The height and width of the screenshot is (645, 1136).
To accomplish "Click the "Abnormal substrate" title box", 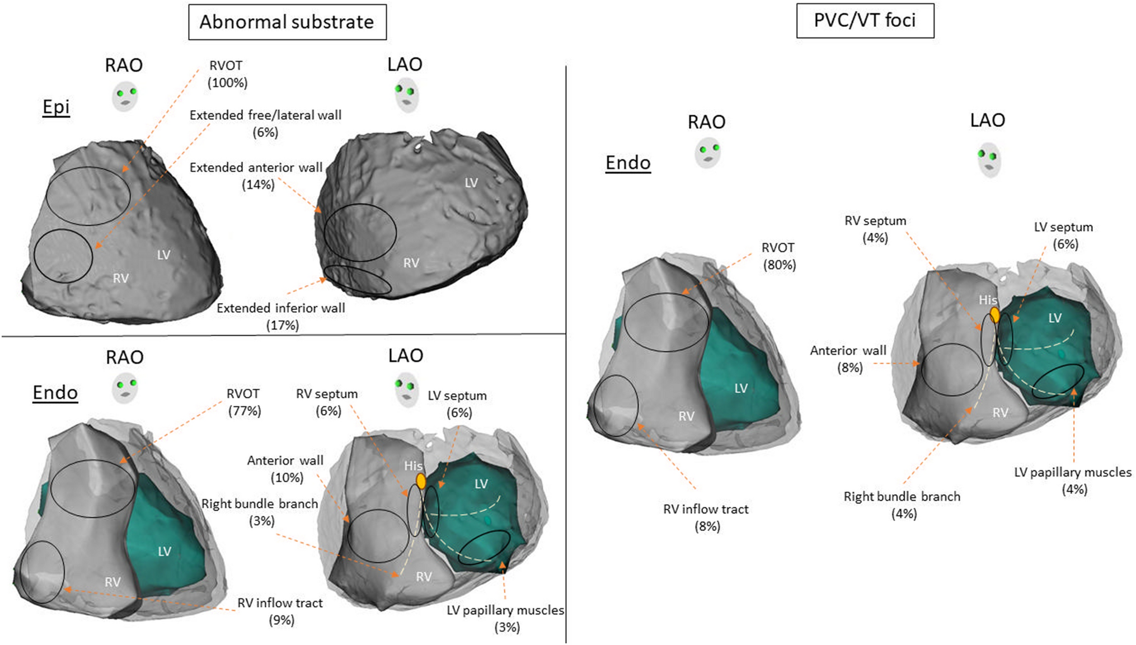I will pyautogui.click(x=287, y=22).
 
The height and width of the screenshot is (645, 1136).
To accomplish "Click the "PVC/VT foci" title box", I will pyautogui.click(x=865, y=21).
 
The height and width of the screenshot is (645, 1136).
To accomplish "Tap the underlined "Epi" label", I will pyautogui.click(x=56, y=106).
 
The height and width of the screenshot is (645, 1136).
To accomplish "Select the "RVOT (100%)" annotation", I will pyautogui.click(x=227, y=74).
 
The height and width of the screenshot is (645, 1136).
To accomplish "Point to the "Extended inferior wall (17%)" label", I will pyautogui.click(x=281, y=317).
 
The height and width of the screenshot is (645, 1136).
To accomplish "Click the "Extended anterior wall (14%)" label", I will pyautogui.click(x=257, y=176).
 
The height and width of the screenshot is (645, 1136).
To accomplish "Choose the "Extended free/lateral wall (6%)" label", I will pyautogui.click(x=265, y=124).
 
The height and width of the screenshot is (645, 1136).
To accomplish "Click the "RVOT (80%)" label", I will pyautogui.click(x=779, y=256).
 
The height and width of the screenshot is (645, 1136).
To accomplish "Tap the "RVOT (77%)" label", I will pyautogui.click(x=244, y=402).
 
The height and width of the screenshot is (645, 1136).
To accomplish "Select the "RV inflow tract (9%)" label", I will pyautogui.click(x=280, y=611).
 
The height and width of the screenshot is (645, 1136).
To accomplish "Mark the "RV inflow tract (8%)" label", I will pyautogui.click(x=706, y=517).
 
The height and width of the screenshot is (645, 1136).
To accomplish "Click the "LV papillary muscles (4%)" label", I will pyautogui.click(x=1073, y=481).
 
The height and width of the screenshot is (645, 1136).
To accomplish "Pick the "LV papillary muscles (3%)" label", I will pyautogui.click(x=505, y=619).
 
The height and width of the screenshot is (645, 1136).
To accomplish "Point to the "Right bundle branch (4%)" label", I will pyautogui.click(x=902, y=505).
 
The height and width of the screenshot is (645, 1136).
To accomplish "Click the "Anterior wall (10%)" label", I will pyautogui.click(x=285, y=469).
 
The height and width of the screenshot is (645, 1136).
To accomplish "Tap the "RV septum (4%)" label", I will pyautogui.click(x=875, y=229).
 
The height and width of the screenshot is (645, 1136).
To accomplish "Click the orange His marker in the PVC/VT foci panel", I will pyautogui.click(x=995, y=315).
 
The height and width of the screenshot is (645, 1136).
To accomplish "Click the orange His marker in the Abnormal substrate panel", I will pyautogui.click(x=421, y=481).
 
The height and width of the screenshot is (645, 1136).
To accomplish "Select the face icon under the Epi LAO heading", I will pyautogui.click(x=407, y=95).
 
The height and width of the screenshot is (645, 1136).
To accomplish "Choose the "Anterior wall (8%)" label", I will pyautogui.click(x=848, y=359).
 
